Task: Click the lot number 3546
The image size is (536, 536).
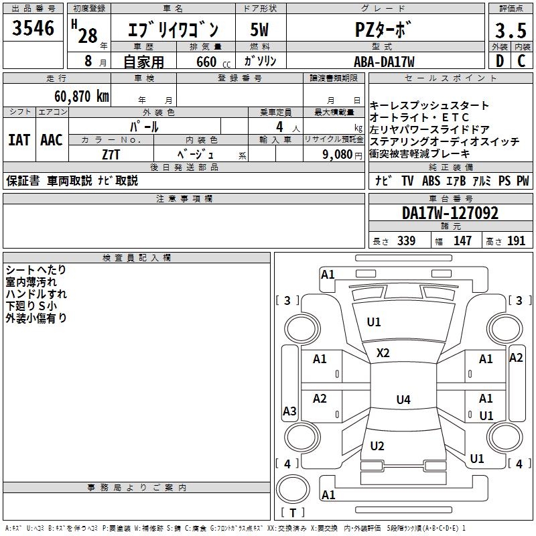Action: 33,29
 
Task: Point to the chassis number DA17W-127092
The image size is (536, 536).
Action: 450,213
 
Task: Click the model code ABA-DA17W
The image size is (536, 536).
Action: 384,62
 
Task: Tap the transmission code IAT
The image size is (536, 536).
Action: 19,139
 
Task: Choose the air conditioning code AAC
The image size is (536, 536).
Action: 52,139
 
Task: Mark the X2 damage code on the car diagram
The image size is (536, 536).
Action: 383,353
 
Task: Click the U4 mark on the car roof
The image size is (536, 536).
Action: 403,400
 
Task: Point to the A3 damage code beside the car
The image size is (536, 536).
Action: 289,411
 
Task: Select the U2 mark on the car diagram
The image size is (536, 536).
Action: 377,446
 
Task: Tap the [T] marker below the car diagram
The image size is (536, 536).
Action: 293,513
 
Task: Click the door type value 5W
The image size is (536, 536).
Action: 260,31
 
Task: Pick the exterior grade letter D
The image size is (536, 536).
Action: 499,61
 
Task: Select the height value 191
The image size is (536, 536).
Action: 517,241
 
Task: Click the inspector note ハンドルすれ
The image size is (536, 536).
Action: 36,294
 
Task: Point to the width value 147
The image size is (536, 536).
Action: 462,241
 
